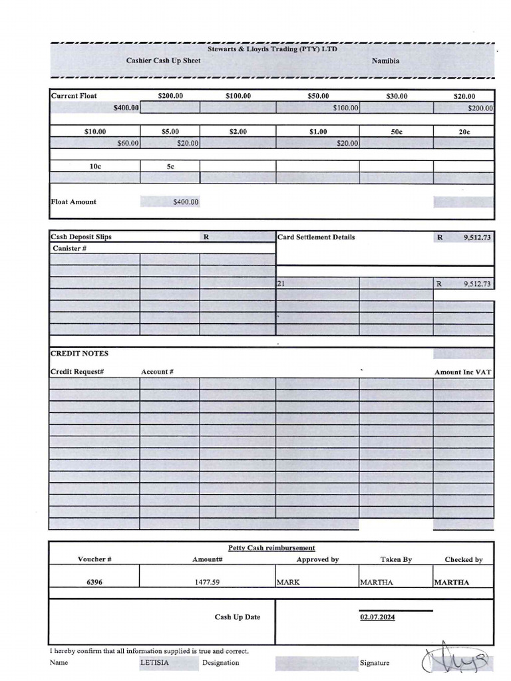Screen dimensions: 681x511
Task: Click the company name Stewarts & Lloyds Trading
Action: [x=272, y=49]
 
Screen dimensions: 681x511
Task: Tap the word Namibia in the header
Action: [x=385, y=61]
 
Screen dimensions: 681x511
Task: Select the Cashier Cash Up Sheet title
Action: [x=163, y=61]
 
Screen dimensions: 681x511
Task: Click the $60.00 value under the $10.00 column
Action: [x=128, y=143]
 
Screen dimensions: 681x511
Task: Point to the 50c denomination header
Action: [x=397, y=132]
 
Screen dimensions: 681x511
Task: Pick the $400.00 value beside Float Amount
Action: [x=185, y=202]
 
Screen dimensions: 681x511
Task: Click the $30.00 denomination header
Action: [x=397, y=96]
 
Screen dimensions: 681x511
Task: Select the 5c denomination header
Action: [x=170, y=166]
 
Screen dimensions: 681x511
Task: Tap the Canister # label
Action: [x=70, y=248]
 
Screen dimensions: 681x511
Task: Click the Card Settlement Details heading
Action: [x=316, y=237]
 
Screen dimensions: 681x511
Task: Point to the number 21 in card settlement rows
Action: [x=281, y=283]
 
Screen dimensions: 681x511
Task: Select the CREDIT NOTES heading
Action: [x=79, y=353]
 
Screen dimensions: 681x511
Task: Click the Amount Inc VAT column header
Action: [x=462, y=372]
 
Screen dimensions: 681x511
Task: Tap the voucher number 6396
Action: [x=94, y=582]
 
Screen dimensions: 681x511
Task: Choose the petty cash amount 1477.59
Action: [x=207, y=582]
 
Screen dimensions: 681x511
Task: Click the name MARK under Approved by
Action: [x=288, y=582]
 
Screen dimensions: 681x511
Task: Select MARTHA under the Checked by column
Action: [x=451, y=582]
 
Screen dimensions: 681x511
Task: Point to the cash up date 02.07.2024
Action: [x=377, y=617]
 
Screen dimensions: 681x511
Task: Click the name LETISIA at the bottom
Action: [x=154, y=662]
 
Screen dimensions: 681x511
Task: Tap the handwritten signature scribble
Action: [x=458, y=660]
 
